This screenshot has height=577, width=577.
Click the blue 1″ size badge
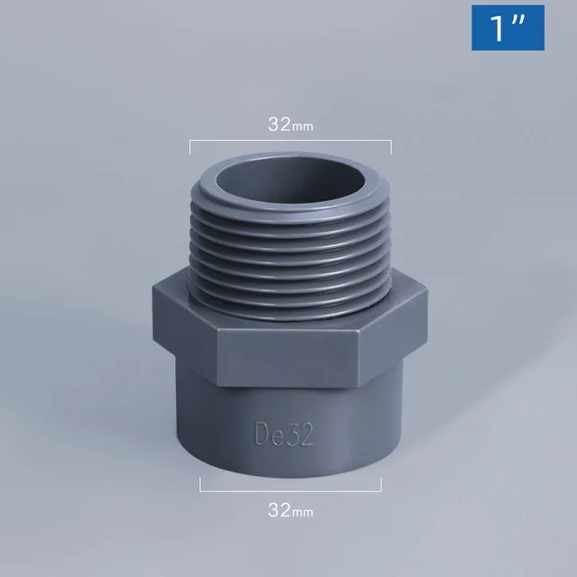coord(508,28)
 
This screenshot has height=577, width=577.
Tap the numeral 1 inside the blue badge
coord(498,29)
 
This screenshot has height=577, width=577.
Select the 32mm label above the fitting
coord(289,125)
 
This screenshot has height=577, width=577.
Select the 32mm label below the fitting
coord(289,511)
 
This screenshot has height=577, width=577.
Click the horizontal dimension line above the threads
coord(289,142)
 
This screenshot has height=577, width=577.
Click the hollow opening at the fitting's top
coord(289,187)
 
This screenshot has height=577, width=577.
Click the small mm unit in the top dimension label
coord(303,127)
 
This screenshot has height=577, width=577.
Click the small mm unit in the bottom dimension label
coord(303,513)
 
